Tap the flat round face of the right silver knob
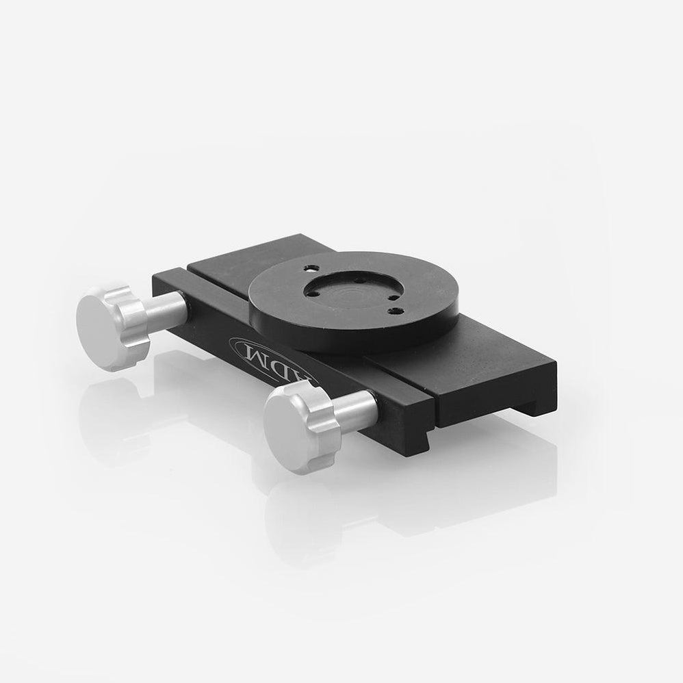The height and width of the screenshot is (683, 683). [x=287, y=430]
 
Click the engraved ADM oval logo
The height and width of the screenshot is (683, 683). [x=274, y=359]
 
